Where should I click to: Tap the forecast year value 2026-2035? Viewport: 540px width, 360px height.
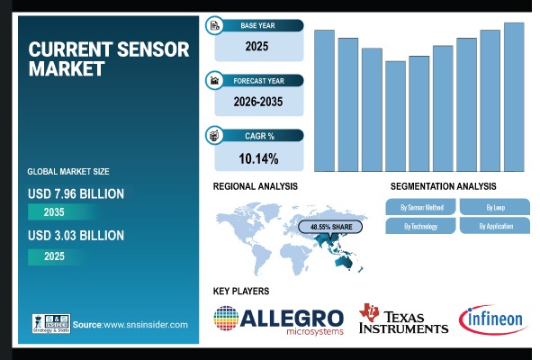coord(257,102)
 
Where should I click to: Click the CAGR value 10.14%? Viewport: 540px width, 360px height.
coord(257,158)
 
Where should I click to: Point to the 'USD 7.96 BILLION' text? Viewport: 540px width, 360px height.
coord(76,193)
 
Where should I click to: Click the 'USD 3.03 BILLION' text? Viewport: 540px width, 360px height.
coord(76,236)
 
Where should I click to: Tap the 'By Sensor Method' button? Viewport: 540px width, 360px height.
coord(421,207)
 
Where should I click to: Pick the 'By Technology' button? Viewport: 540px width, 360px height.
coord(421,226)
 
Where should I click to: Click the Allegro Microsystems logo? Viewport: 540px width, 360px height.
coord(279,319)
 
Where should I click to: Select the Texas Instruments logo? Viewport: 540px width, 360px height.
coord(403,319)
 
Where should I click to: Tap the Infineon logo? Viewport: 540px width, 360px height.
coord(492,319)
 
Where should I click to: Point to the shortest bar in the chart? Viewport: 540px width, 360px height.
coord(395,116)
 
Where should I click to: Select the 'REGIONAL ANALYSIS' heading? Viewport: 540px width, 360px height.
coord(255,185)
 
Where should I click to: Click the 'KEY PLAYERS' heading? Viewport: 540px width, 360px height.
coord(240,291)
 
